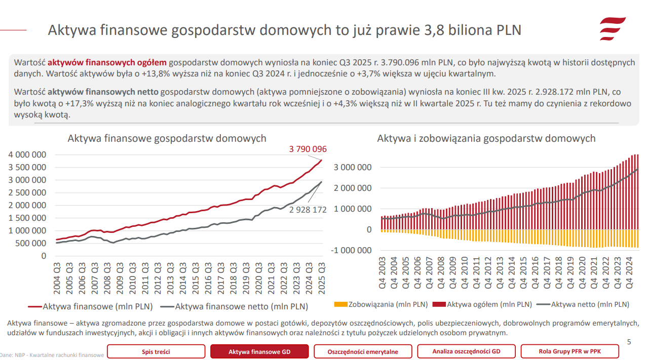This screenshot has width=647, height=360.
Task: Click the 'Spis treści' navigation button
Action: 156,351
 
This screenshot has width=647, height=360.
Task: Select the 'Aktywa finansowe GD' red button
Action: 259,351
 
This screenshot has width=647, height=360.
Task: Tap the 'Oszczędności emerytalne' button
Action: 363,351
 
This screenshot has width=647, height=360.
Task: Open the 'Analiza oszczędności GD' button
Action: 466,351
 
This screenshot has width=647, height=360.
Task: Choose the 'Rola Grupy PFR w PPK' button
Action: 569,351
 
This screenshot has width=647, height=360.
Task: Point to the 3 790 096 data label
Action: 308,149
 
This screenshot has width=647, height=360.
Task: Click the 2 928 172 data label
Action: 308,209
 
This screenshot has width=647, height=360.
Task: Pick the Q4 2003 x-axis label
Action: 383,273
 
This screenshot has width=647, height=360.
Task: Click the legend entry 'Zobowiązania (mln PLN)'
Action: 382,304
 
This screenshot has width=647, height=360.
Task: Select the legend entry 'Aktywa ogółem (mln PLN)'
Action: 483,304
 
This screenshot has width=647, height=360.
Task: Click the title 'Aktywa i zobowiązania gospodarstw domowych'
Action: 486,138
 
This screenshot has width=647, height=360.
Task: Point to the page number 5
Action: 629,342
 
